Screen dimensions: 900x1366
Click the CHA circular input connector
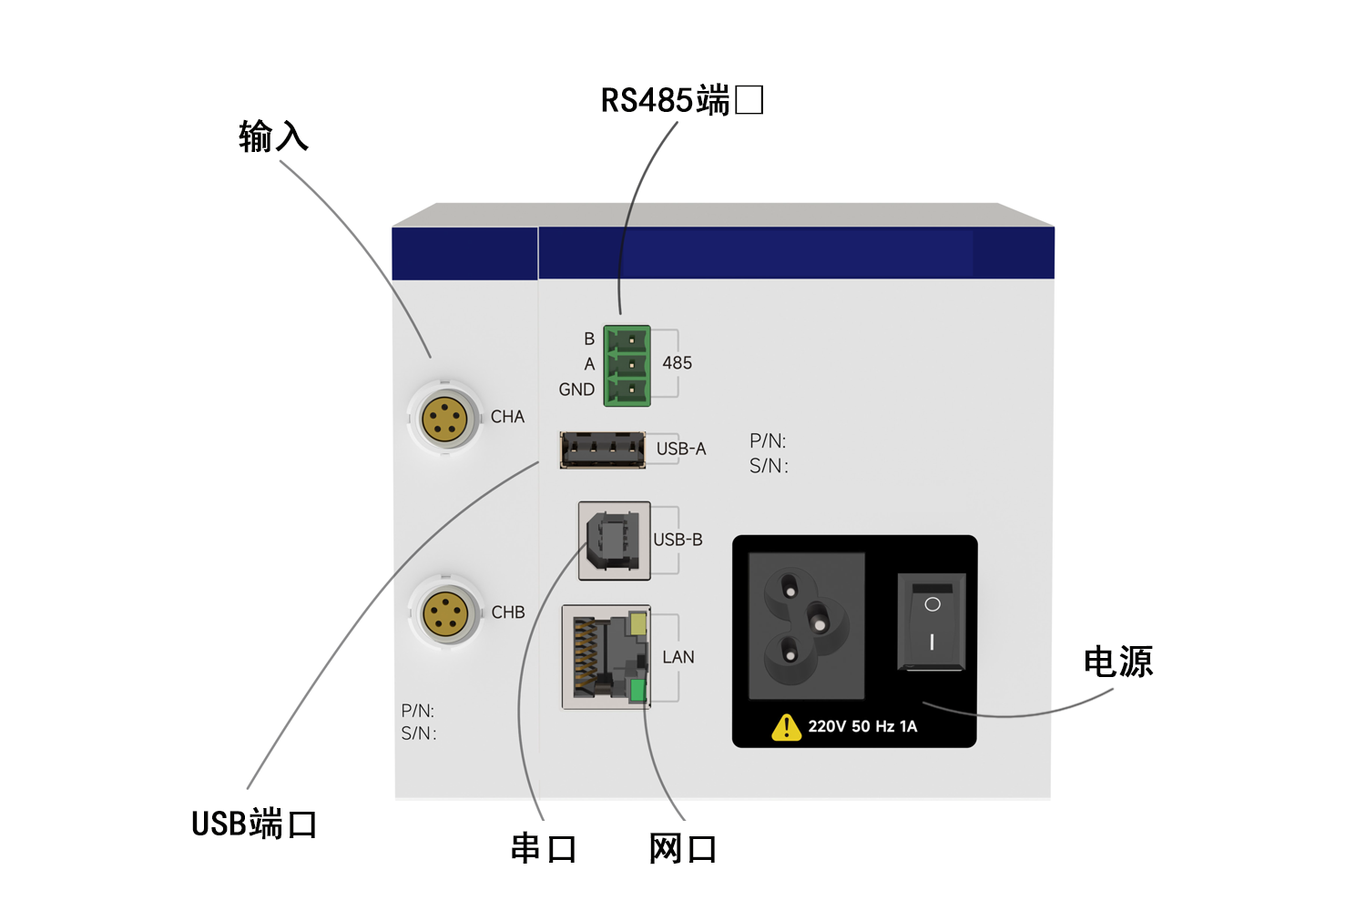(444, 420)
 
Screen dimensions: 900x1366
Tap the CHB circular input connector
(445, 613)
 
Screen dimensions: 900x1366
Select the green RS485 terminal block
(627, 366)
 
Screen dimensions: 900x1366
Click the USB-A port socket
(603, 450)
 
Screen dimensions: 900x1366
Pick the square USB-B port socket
(614, 541)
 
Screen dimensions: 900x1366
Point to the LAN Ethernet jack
(606, 656)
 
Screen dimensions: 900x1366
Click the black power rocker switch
(932, 622)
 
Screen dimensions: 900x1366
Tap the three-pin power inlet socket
(806, 626)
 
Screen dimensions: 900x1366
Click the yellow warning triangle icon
(786, 728)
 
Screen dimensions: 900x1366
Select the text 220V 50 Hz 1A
(862, 726)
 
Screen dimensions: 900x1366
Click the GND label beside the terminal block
(576, 389)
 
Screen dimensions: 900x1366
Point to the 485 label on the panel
(677, 363)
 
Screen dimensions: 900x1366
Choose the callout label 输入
(273, 137)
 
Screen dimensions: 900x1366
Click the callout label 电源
(1117, 662)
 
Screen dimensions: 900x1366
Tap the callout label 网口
(682, 848)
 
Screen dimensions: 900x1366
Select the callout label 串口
(543, 848)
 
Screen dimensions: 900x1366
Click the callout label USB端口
(253, 824)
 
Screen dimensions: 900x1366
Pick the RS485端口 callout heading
(681, 100)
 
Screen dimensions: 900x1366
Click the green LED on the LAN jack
(637, 691)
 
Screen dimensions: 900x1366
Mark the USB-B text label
(678, 540)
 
